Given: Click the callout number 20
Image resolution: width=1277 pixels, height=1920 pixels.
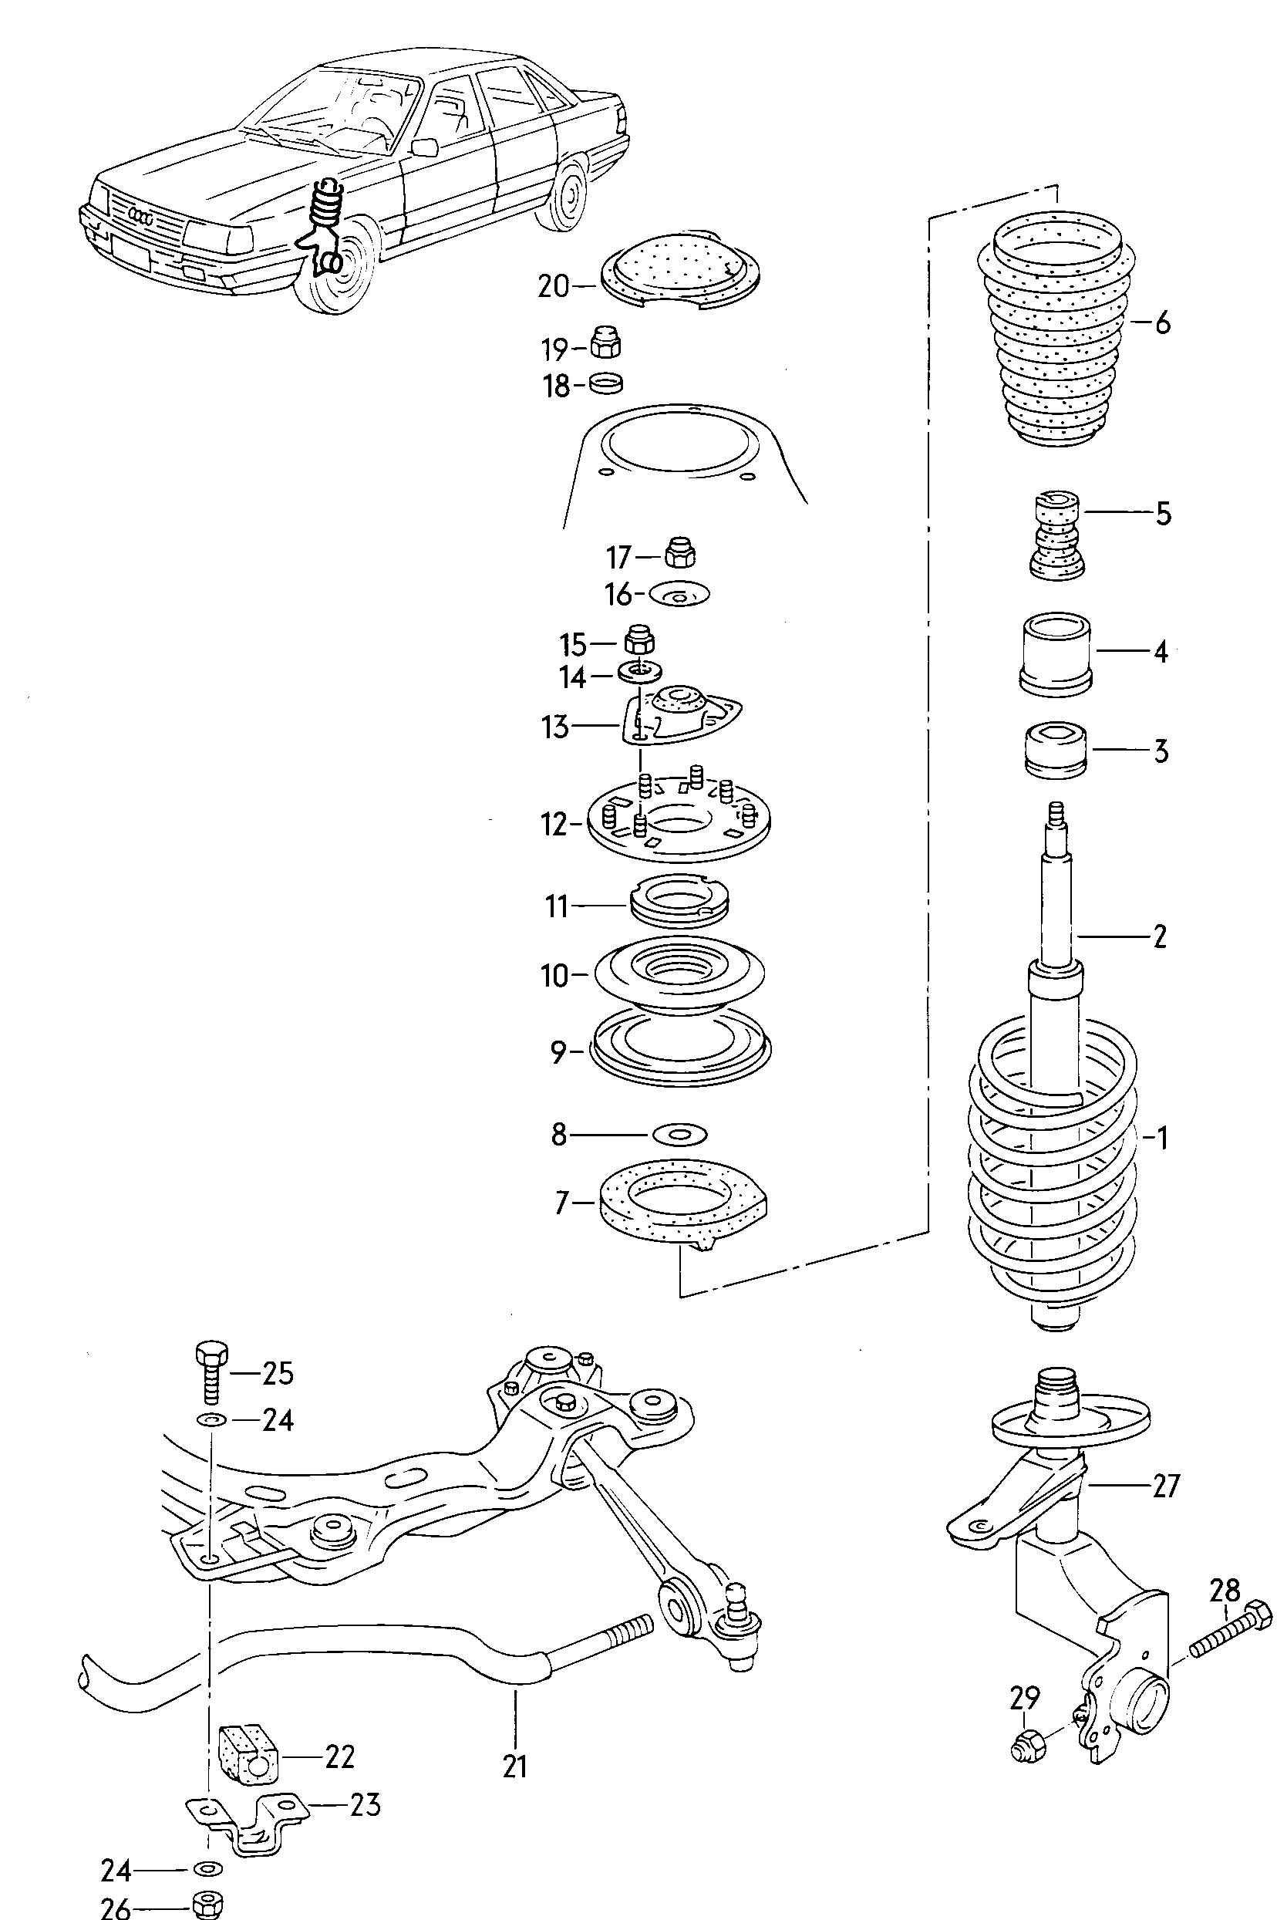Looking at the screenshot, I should pyautogui.click(x=553, y=287).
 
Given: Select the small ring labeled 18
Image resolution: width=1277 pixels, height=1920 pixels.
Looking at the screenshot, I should pyautogui.click(x=606, y=381).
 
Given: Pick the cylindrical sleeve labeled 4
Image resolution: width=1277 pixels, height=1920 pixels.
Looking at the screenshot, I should pyautogui.click(x=1056, y=653).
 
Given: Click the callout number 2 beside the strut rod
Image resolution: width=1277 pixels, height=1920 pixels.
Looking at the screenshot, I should pyautogui.click(x=1160, y=936).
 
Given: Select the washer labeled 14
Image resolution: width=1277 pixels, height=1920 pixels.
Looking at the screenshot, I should pyautogui.click(x=639, y=673).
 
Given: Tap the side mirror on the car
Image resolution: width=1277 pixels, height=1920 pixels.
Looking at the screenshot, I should pyautogui.click(x=425, y=147).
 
